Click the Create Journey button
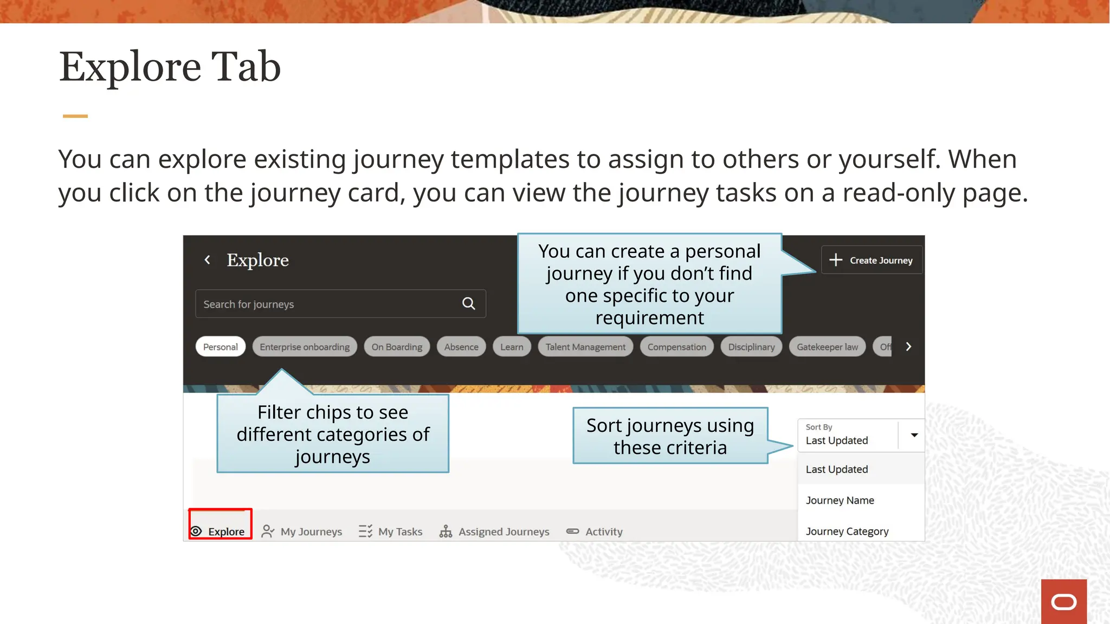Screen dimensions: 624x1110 point(872,261)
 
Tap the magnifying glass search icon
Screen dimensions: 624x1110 point(469,304)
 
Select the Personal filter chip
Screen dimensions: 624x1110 point(220,347)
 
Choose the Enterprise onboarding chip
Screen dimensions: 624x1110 point(305,347)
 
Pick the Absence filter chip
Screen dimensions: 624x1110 point(461,347)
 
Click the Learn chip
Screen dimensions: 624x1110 point(512,347)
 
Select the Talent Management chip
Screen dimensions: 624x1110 point(585,347)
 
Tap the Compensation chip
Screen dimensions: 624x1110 point(676,347)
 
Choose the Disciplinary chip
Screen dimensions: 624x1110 point(751,347)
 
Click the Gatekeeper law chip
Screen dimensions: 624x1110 point(827,347)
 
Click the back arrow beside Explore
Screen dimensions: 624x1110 point(207,260)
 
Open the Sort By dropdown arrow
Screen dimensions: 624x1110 point(914,435)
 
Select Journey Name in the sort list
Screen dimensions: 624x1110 point(840,500)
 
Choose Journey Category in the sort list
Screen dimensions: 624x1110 point(847,531)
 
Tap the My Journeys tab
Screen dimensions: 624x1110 point(302,531)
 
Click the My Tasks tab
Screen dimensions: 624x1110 point(390,531)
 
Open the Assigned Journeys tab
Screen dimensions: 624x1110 point(494,531)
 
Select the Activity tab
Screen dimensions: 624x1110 point(595,531)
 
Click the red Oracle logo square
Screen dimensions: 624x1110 point(1063,601)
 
